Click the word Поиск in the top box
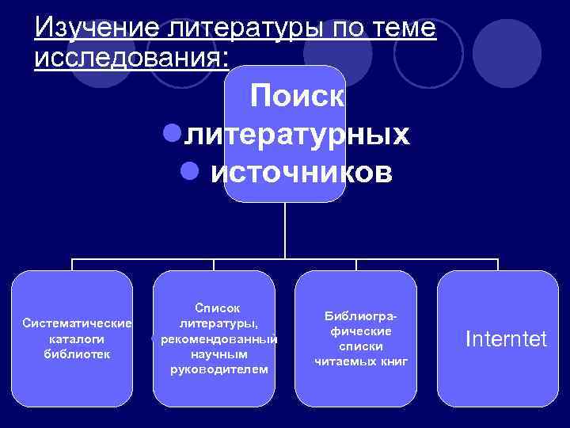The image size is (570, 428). [x=297, y=97]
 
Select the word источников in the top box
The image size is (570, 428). [x=301, y=171]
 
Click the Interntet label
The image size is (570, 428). [x=506, y=339]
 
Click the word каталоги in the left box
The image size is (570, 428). [x=77, y=338]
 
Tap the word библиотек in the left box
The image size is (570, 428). [x=77, y=353]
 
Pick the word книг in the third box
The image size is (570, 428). [x=393, y=361]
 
